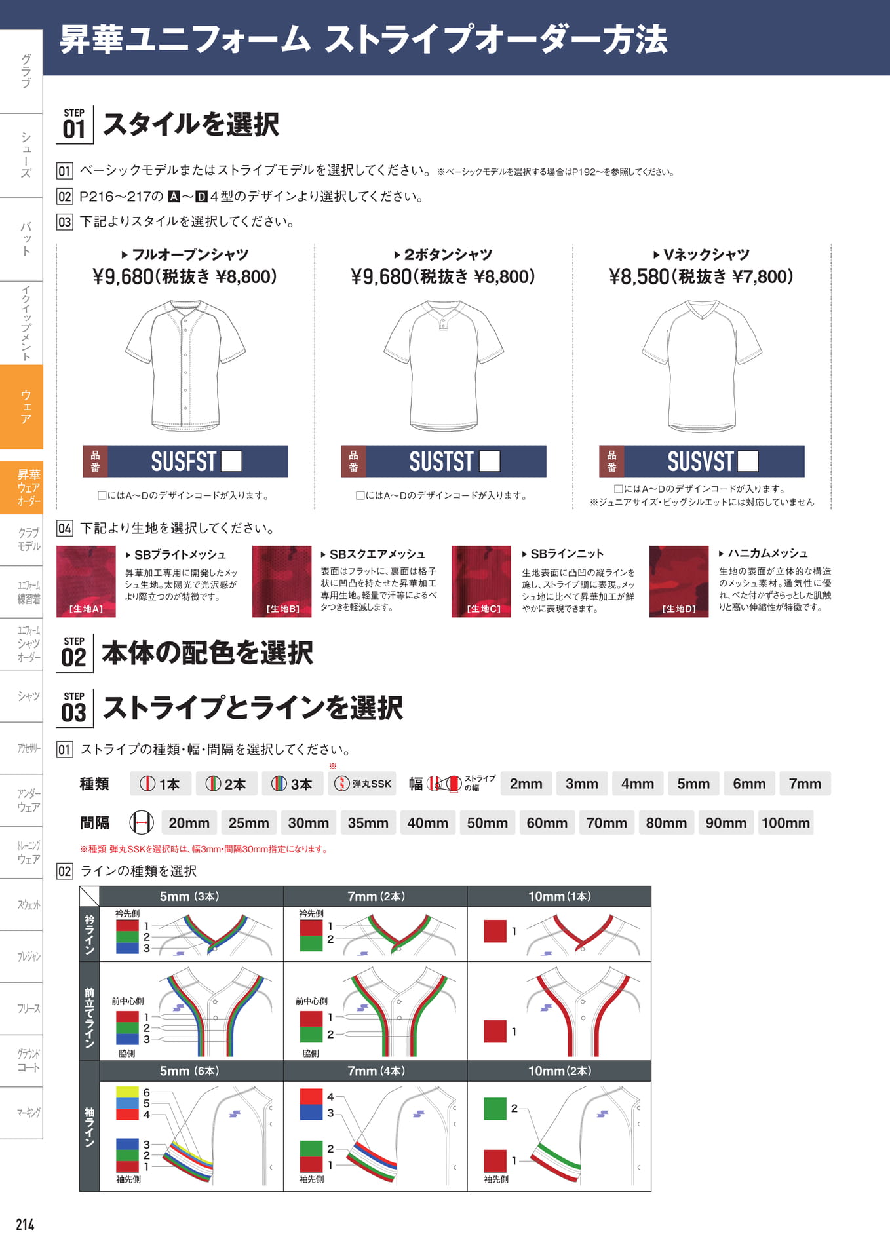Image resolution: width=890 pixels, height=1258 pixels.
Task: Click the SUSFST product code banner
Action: pos(185,461)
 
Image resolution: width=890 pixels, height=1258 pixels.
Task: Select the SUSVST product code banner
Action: pos(702,461)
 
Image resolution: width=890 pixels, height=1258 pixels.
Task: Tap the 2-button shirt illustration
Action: pos(444,365)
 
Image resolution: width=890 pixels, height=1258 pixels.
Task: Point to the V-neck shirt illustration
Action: pos(702,365)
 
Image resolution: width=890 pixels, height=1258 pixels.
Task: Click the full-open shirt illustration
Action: pos(185,365)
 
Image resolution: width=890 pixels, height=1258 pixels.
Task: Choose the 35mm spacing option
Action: pos(368,823)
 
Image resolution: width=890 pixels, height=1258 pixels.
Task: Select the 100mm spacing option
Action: pos(786,823)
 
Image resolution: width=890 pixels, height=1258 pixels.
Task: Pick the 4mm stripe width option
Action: pos(638,784)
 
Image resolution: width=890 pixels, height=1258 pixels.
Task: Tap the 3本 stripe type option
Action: pos(293,784)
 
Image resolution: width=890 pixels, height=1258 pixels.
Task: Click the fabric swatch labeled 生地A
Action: pos(86,582)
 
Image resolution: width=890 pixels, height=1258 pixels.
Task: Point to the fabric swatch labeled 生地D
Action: pos(679,582)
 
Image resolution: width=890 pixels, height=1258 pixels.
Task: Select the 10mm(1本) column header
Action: pos(559,896)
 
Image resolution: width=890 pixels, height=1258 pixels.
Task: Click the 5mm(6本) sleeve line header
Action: pos(191,1071)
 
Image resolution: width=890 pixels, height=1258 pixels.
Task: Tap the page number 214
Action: pos(25,1225)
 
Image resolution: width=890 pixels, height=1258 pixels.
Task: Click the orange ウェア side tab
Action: pos(22,407)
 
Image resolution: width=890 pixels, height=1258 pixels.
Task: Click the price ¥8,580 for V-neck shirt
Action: pos(640,276)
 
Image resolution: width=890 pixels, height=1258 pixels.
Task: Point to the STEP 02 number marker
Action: pos(74,653)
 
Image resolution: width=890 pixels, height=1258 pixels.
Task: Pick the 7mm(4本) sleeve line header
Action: pos(376,1071)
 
